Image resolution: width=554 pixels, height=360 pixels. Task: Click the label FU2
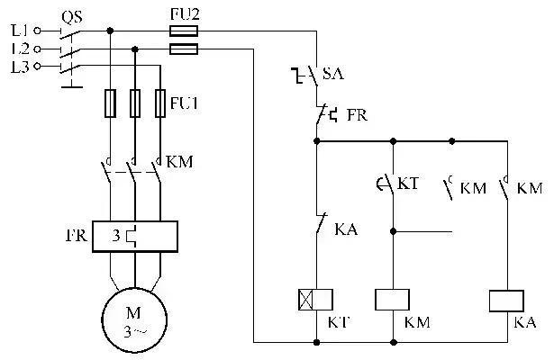(x=184, y=15)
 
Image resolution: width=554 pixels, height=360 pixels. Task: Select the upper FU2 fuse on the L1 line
(x=184, y=30)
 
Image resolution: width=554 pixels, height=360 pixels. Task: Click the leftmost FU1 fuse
(x=109, y=103)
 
